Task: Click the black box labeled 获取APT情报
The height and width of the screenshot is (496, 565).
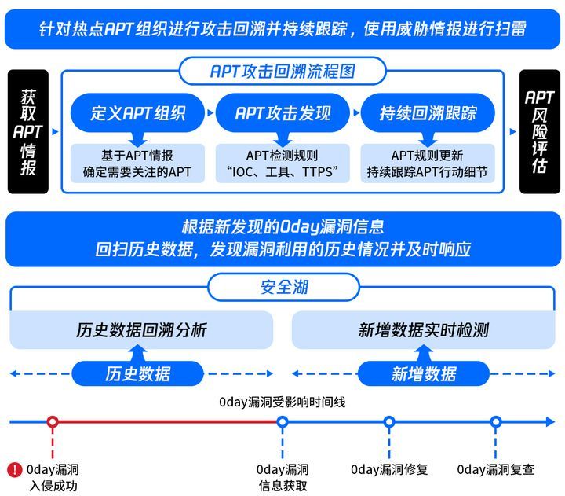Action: tap(28, 132)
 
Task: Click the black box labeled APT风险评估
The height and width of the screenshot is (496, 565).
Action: tap(539, 132)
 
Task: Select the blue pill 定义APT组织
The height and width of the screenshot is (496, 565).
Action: tap(137, 113)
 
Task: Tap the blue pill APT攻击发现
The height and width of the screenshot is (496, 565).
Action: tap(282, 113)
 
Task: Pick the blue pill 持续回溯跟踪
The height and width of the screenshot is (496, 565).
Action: tap(428, 113)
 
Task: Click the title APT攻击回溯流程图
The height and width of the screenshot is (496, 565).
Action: tap(282, 71)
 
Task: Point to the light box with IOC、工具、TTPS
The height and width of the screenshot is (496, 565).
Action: tap(282, 163)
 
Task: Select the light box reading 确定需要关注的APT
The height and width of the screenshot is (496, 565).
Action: tap(137, 163)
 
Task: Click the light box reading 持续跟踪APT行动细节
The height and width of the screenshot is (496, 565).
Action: tap(428, 163)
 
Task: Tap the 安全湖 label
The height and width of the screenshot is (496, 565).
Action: tap(284, 288)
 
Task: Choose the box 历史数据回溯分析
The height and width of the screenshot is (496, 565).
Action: tap(141, 330)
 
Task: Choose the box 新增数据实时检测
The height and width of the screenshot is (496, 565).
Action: tap(424, 330)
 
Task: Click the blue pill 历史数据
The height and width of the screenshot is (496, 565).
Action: tap(137, 373)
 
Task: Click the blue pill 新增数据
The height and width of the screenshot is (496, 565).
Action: tap(424, 373)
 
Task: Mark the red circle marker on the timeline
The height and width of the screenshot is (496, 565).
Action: tap(53, 421)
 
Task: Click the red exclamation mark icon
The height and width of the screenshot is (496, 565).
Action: tap(15, 470)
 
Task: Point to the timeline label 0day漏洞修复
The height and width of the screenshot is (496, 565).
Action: tap(389, 469)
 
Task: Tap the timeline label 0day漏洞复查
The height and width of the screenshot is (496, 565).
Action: tap(495, 469)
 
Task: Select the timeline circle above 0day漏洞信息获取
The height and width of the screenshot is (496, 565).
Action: tap(282, 421)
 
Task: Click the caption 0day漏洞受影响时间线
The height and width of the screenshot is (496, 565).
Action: tap(282, 402)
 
